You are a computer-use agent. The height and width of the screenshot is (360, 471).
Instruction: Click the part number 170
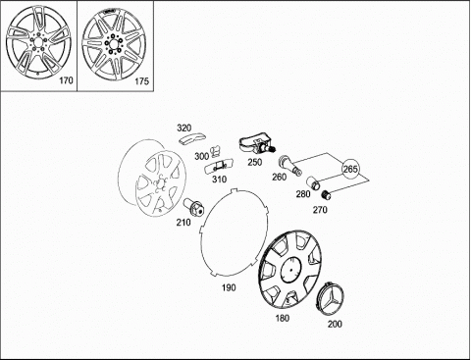[x=66, y=80]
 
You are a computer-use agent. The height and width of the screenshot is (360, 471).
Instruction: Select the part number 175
[x=142, y=81]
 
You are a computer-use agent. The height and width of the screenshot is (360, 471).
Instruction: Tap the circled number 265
[x=350, y=169]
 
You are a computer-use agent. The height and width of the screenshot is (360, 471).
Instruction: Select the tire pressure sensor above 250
[x=256, y=146]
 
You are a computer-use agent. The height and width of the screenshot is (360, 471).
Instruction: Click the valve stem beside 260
[x=290, y=166]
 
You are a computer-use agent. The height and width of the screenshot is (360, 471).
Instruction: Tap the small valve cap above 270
[x=326, y=195]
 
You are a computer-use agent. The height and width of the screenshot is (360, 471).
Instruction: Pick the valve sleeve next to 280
[x=313, y=183]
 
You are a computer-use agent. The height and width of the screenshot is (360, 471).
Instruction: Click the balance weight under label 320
[x=192, y=138]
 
